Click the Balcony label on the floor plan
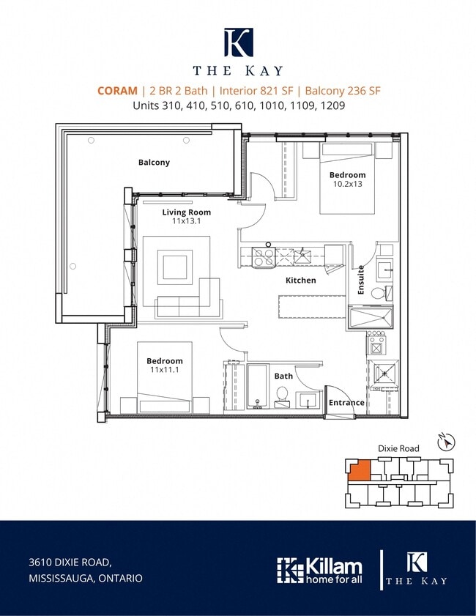154,163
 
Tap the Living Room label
187,212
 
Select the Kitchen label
301,280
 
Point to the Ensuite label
361,280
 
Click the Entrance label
346,403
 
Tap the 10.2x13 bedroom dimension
348,184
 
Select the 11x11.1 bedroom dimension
165,370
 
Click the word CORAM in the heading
117,91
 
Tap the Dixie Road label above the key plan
398,448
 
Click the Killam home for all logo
319,571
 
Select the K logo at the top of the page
239,42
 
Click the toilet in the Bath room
282,396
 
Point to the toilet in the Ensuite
381,293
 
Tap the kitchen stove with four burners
263,257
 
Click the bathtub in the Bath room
257,387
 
